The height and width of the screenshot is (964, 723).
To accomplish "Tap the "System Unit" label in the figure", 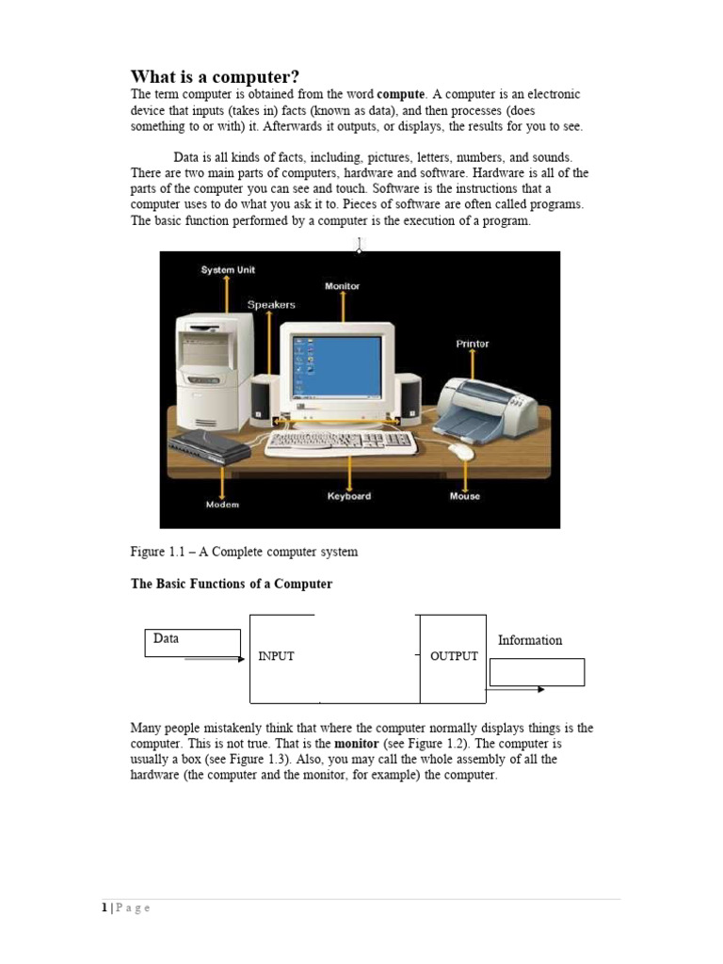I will [228, 270].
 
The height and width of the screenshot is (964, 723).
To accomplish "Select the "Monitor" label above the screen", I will [342, 286].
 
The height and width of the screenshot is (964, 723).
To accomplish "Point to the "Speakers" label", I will [271, 305].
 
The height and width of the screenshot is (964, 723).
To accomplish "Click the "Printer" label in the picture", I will [473, 344].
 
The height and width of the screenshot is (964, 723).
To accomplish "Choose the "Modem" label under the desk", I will [222, 505].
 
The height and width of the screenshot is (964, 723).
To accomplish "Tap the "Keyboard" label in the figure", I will [349, 496].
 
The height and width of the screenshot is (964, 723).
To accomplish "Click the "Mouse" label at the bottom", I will [464, 496].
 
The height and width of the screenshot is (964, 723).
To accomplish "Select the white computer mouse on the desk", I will [462, 451].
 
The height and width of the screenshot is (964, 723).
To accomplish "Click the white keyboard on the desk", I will [340, 442].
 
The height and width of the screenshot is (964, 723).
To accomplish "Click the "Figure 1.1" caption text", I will [244, 552].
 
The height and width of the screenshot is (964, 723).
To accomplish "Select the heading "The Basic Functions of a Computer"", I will [231, 584].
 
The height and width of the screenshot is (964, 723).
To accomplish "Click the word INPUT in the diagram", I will [276, 656].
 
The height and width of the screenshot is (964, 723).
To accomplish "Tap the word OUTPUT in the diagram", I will [454, 656].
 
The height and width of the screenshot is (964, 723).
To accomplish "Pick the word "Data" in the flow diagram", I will [166, 638].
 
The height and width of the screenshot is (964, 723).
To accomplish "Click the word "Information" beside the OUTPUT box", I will [530, 640].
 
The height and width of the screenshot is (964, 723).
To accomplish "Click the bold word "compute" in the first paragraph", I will [401, 95].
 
